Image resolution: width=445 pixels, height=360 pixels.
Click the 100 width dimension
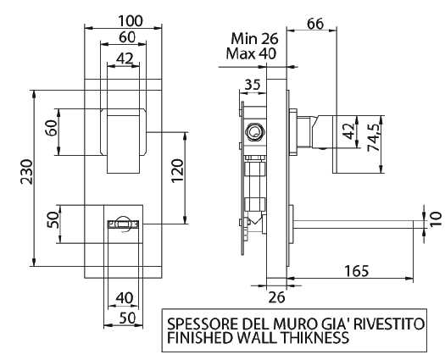point(131,21)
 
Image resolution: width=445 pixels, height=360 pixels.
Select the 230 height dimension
point(27,171)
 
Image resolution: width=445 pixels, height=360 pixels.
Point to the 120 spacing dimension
point(178,171)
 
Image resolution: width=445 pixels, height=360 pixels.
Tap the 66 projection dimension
point(315,24)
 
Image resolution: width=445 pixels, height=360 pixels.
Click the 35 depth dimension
point(252,85)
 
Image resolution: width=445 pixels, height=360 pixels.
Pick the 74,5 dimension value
point(374,137)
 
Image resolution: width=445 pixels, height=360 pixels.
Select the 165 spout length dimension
point(357,271)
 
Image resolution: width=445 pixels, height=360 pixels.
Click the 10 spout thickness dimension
point(436,219)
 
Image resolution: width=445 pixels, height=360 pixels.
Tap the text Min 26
point(254,39)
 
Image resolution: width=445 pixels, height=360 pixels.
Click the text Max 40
point(251,53)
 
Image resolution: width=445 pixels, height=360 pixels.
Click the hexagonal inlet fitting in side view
point(255,132)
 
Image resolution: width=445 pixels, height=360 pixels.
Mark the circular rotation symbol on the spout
point(124,224)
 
